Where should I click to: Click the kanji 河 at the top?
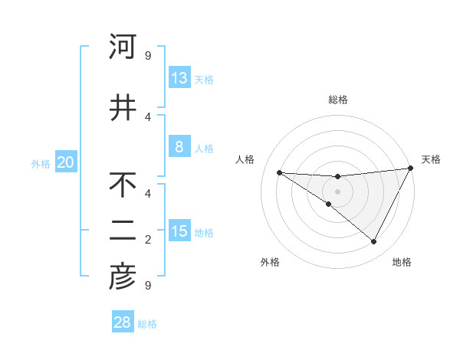tap(123, 47)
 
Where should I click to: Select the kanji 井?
tap(123, 106)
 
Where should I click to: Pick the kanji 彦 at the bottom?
tap(123, 277)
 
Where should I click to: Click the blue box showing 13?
tap(179, 78)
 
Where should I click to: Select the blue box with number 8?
tap(179, 147)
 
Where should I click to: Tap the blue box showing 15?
tap(179, 231)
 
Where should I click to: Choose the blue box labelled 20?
tap(66, 162)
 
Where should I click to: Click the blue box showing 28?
tap(123, 322)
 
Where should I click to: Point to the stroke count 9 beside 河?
tap(148, 56)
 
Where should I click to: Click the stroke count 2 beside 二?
tap(148, 240)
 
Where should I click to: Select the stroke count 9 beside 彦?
tap(148, 286)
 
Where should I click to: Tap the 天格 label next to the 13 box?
tap(204, 79)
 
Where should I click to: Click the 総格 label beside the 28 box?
tap(147, 324)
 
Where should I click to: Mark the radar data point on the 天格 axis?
tap(411, 169)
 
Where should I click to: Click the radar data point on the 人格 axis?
tap(279, 172)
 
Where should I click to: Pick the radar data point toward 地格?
tap(373, 242)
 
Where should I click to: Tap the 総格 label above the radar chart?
tap(337, 100)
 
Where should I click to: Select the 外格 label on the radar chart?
tap(270, 263)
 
